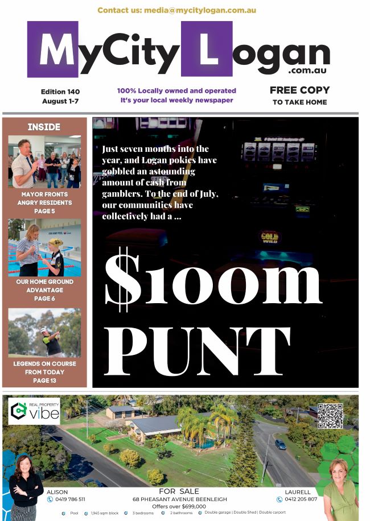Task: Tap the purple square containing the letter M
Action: tap(52, 49)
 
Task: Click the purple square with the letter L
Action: tap(207, 49)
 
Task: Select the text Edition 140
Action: tap(60, 92)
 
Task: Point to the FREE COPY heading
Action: tap(299, 90)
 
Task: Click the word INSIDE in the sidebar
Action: tap(44, 127)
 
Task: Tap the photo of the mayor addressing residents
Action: tap(44, 162)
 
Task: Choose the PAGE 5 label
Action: tap(44, 211)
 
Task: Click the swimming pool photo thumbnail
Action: tap(44, 247)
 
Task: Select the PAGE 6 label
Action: tap(44, 299)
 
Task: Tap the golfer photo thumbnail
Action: tap(44, 332)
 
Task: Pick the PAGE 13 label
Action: tap(44, 381)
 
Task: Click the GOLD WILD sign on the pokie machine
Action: tap(270, 236)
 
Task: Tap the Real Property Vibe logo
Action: tap(34, 411)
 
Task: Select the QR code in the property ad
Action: tap(330, 416)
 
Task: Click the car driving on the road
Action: tap(281, 445)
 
